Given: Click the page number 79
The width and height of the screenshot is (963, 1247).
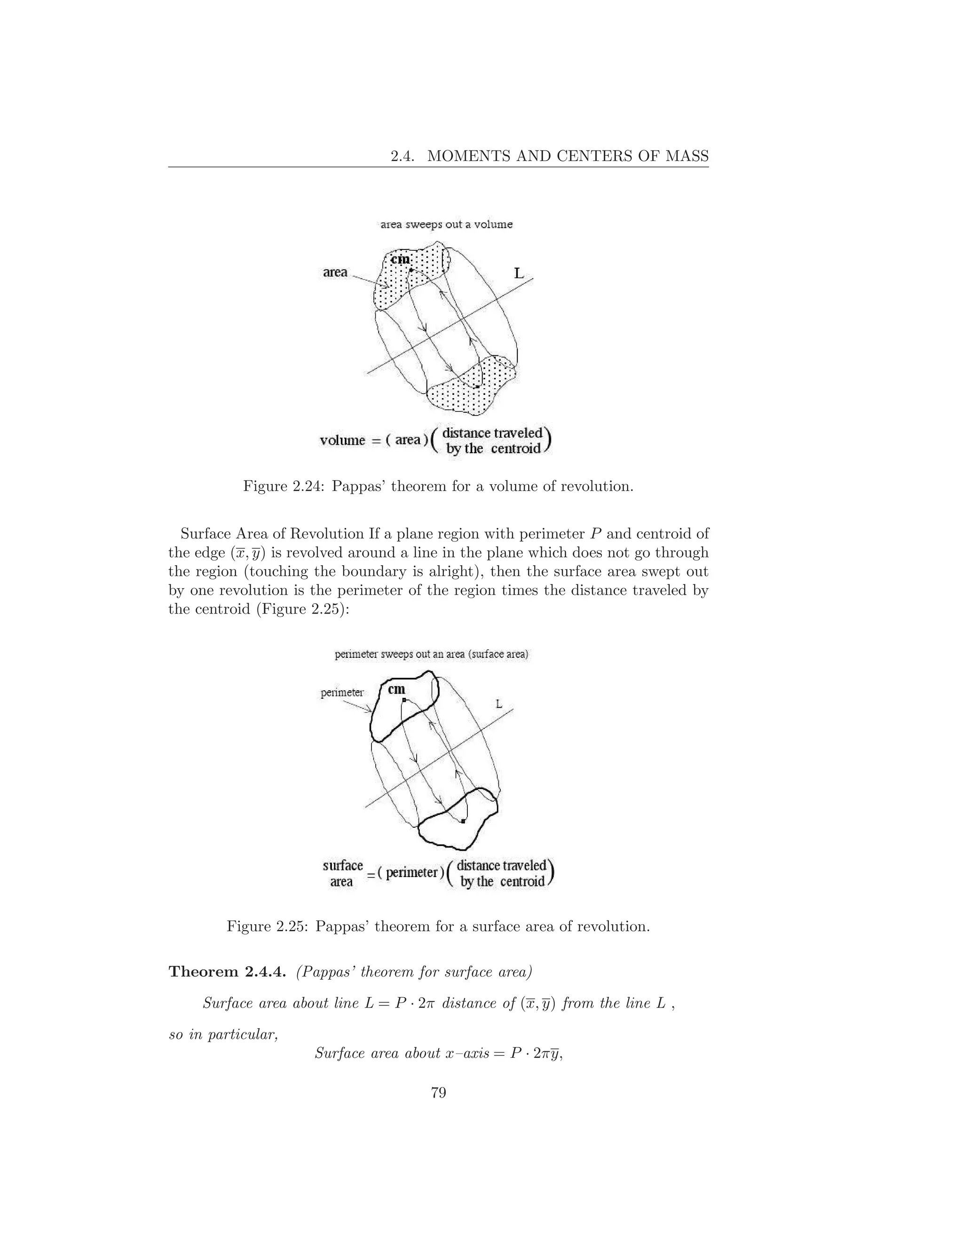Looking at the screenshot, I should point(438,1092).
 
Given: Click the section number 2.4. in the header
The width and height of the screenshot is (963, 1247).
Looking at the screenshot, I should point(406,156).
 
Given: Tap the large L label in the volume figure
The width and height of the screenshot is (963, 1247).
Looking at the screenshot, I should point(519,273).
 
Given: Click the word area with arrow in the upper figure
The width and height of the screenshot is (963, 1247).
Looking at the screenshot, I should point(335,272).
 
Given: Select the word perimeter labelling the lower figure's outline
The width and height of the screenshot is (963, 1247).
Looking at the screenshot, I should point(342,693).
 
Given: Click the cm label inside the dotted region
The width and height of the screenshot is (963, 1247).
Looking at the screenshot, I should point(400,260).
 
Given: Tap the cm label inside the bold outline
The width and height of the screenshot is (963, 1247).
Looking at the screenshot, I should point(396,689).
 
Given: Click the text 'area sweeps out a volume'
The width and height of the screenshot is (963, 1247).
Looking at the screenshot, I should point(446,224).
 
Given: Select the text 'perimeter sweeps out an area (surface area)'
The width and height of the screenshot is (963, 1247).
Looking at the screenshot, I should point(431,655).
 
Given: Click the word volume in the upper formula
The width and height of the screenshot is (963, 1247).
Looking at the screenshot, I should point(342,440).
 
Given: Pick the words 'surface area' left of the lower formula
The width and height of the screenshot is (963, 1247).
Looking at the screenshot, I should point(342,873).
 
